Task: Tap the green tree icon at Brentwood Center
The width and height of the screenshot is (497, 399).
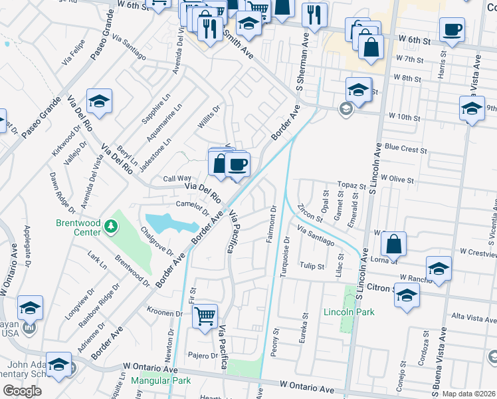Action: point(111,229)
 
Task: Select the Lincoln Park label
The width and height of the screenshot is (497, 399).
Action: point(349,312)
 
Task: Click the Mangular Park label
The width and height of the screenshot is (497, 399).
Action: point(160,381)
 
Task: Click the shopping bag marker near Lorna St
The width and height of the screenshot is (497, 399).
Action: point(394,244)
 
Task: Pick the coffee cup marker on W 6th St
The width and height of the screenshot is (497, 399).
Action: point(452,30)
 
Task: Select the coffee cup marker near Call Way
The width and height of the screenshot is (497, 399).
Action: point(237,164)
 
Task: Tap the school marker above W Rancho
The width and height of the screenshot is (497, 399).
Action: point(439,269)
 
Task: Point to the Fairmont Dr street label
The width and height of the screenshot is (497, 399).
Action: point(272,224)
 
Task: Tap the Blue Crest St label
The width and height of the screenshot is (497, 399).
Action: point(405,150)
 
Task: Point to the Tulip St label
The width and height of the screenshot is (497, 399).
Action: point(312,266)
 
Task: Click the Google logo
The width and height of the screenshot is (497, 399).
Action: point(21,391)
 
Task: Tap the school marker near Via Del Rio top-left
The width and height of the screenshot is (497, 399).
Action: point(99,102)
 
